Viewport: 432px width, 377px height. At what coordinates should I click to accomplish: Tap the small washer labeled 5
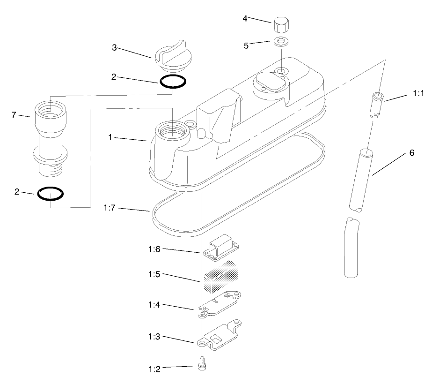[280, 41]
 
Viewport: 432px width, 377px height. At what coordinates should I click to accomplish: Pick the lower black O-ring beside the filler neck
[51, 193]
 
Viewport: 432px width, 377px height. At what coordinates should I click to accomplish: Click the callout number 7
[14, 115]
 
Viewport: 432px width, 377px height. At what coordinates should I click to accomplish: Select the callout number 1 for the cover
[110, 138]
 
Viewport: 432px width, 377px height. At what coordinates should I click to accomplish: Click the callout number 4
[245, 19]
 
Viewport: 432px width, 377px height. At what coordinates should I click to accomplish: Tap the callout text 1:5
[155, 274]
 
